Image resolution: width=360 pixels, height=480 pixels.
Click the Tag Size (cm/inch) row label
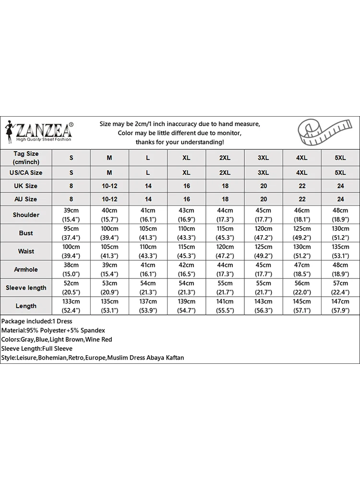point(26,157)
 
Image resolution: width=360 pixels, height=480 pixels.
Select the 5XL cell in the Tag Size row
point(340,157)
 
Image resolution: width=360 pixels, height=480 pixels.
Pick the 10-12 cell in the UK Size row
point(109,186)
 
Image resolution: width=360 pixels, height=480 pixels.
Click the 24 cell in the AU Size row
point(340,199)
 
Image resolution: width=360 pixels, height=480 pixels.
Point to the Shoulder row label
point(26,215)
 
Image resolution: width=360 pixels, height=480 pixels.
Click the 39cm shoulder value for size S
point(72,210)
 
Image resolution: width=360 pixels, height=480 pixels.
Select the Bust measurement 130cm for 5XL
point(340,228)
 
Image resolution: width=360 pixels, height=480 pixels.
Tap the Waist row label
point(26,251)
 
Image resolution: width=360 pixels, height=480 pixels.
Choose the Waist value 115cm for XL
point(187,247)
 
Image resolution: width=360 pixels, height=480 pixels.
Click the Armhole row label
point(26,269)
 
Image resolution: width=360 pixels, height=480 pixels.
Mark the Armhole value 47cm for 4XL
point(302,265)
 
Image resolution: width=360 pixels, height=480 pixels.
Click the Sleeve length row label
point(26,288)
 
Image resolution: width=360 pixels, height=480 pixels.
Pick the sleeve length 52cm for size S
point(72,283)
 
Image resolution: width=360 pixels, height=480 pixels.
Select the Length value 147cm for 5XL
point(340,301)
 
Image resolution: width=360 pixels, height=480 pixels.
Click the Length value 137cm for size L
point(148,301)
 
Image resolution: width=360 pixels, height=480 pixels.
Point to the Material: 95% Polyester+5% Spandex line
point(53,330)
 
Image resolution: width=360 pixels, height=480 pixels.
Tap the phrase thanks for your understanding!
point(180,142)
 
